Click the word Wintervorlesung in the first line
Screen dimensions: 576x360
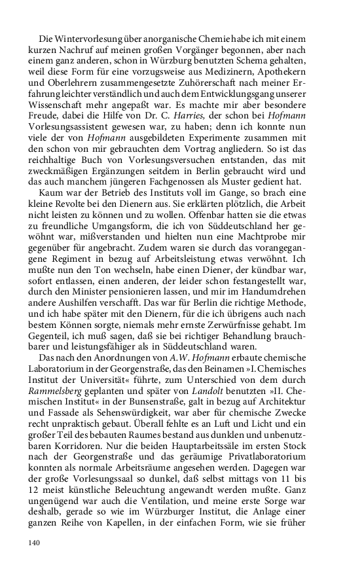tap(86, 39)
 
